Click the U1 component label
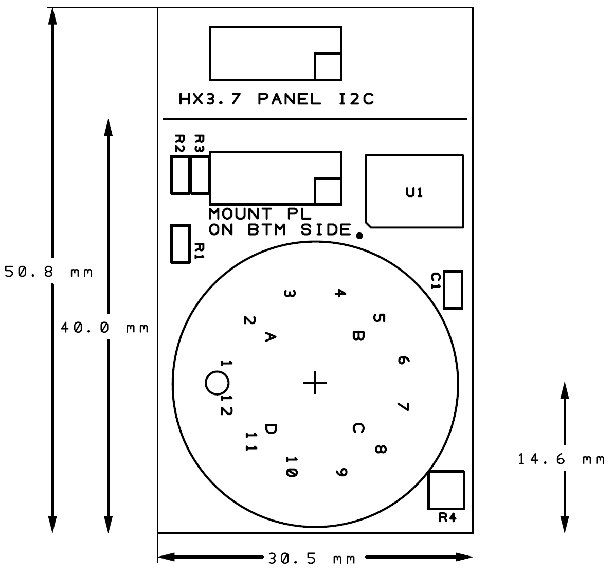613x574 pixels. tap(414, 192)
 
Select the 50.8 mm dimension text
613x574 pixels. tap(49, 272)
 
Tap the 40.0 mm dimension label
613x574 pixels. tap(105, 328)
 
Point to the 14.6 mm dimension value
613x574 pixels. tap(562, 459)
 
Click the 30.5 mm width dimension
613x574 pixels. tap(312, 559)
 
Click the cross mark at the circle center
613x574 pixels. tap(315, 382)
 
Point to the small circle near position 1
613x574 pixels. tap(217, 383)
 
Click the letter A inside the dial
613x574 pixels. tap(270, 337)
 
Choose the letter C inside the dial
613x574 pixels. tap(358, 428)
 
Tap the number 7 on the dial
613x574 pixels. tap(403, 406)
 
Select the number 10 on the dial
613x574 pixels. tap(291, 467)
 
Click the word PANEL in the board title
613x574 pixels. tap(290, 99)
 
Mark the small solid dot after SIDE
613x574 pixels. tap(359, 236)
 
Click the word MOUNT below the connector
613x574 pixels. tap(240, 214)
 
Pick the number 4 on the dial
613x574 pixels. tap(340, 293)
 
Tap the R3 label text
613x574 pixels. tap(200, 143)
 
